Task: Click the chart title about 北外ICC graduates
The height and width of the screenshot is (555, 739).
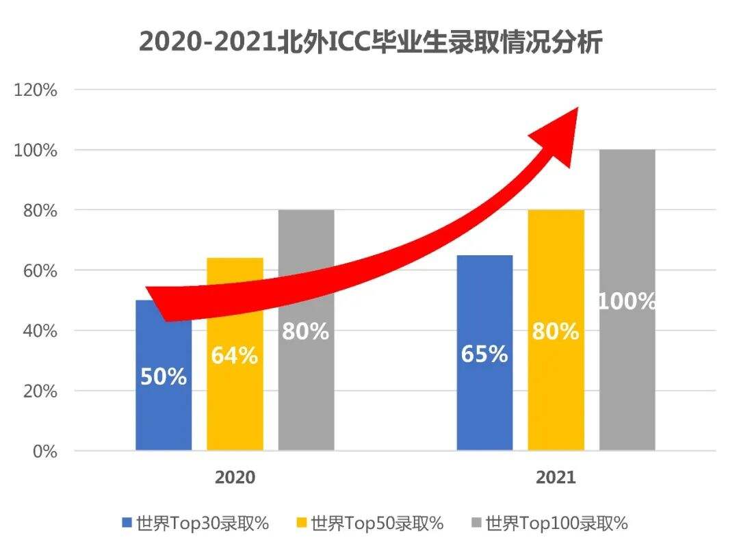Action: click(x=370, y=42)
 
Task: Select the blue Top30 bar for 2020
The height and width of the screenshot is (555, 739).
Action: click(x=164, y=411)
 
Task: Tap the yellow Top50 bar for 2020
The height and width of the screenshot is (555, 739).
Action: click(x=235, y=404)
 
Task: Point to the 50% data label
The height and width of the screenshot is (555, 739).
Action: click(x=164, y=376)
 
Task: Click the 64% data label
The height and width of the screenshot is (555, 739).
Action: click(x=234, y=356)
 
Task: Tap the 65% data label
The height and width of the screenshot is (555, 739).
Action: click(x=484, y=354)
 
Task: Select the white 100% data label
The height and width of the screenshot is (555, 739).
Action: click(x=627, y=301)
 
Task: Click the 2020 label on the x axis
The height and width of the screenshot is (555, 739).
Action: click(x=235, y=477)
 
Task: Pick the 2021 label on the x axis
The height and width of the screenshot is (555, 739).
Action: click(x=556, y=477)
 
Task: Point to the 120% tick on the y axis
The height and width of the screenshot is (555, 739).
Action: click(x=36, y=90)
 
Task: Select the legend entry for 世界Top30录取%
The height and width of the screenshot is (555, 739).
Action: click(x=196, y=524)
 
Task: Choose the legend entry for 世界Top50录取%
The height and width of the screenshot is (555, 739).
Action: click(x=370, y=524)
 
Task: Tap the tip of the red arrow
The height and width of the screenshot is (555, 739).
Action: click(x=578, y=108)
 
